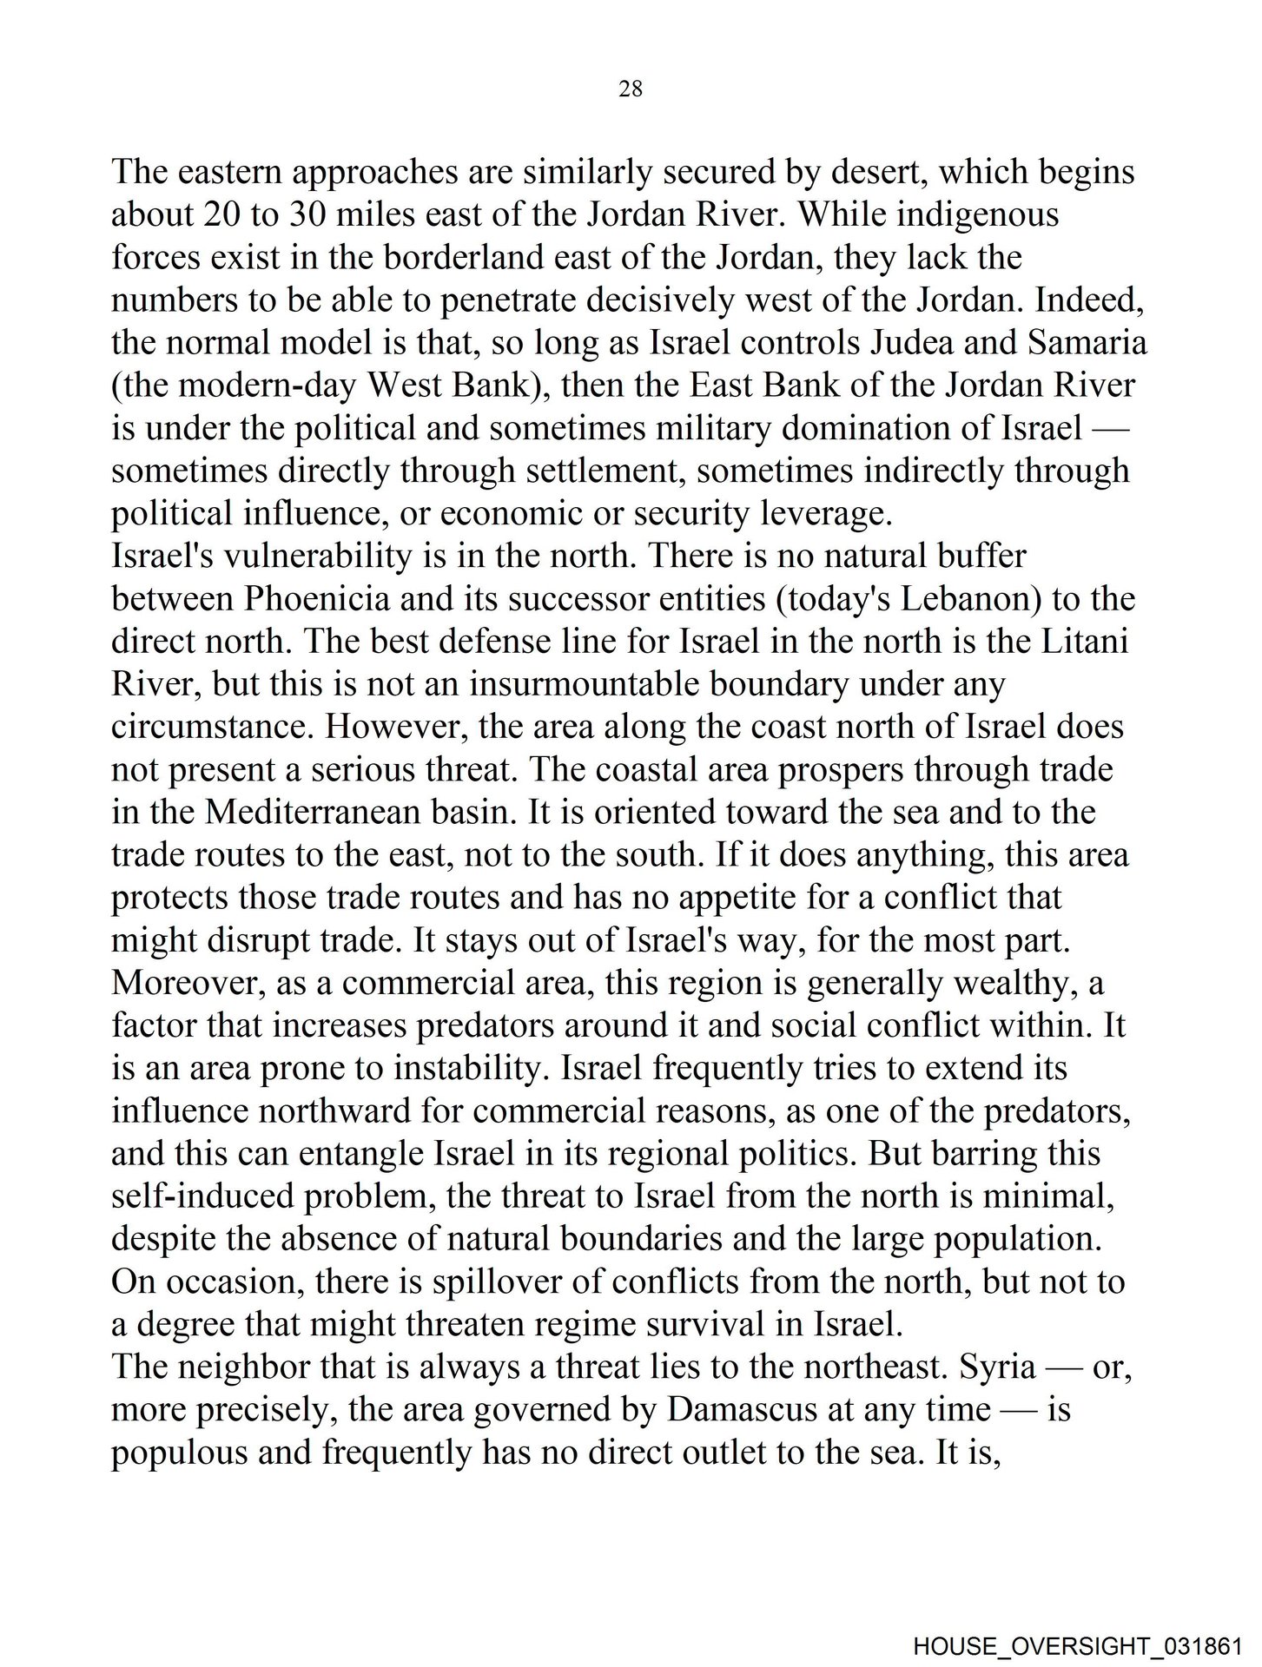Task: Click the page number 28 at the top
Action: (x=631, y=89)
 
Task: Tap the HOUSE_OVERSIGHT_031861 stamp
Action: (x=1086, y=1644)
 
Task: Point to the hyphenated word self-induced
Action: (x=202, y=1196)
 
